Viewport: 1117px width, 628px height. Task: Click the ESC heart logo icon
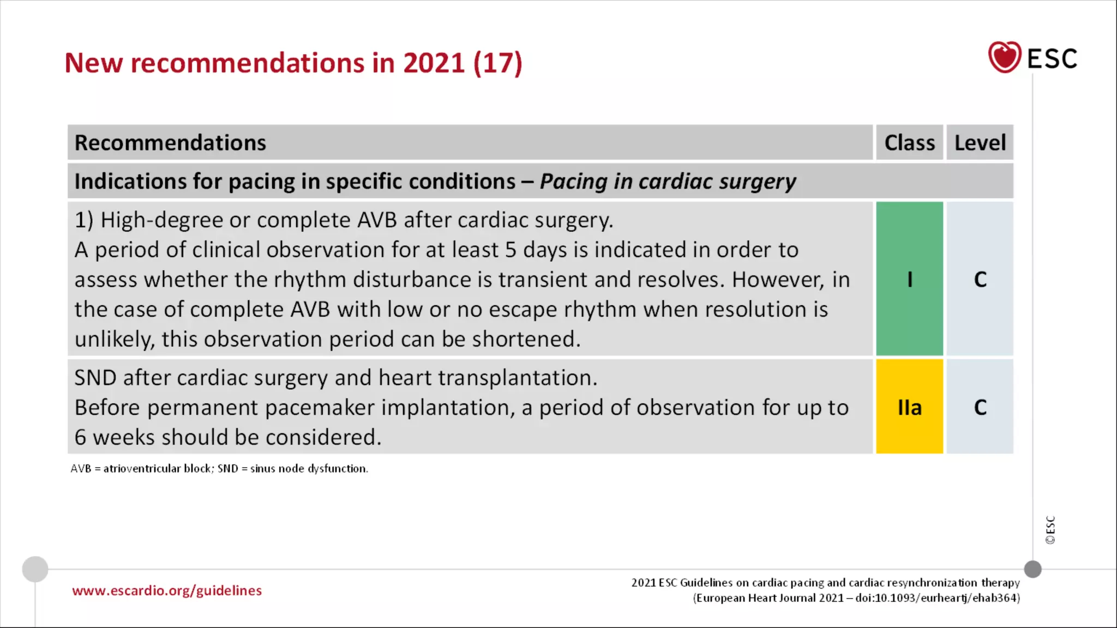1004,57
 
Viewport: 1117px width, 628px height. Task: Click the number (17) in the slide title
497,63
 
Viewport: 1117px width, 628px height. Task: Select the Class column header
909,143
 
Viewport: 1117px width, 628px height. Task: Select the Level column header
980,143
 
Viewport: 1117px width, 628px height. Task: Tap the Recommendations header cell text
170,143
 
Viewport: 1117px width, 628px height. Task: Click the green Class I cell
909,279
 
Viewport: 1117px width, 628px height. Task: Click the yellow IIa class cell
909,407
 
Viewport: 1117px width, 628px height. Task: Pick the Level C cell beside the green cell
980,279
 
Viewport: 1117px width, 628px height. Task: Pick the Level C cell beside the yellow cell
980,407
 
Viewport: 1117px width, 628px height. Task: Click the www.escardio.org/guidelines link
167,590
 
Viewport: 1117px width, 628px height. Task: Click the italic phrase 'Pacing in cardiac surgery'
668,182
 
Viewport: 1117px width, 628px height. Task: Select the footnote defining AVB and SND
219,468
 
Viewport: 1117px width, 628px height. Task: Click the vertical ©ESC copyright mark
1050,529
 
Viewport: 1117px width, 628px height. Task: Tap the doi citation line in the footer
856,598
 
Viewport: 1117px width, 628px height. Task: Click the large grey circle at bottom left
35,569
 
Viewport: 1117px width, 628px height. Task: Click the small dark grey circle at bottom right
1032,569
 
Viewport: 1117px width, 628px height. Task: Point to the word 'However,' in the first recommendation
778,280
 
